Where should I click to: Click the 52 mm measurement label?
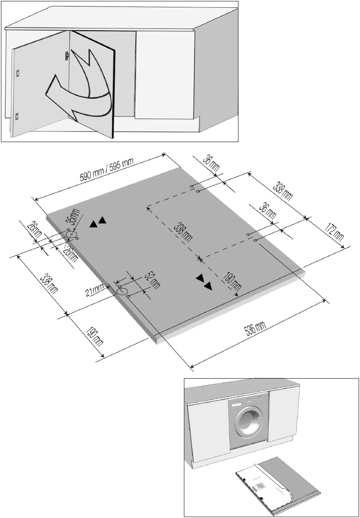coord(152,281)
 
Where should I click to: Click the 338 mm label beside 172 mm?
coord(282,191)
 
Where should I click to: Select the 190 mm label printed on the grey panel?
coord(231,282)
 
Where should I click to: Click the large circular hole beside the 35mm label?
coord(70,234)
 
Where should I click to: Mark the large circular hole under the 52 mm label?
coord(122,291)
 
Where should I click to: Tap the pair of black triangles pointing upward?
coord(98,222)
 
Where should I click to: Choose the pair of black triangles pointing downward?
coord(205,282)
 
